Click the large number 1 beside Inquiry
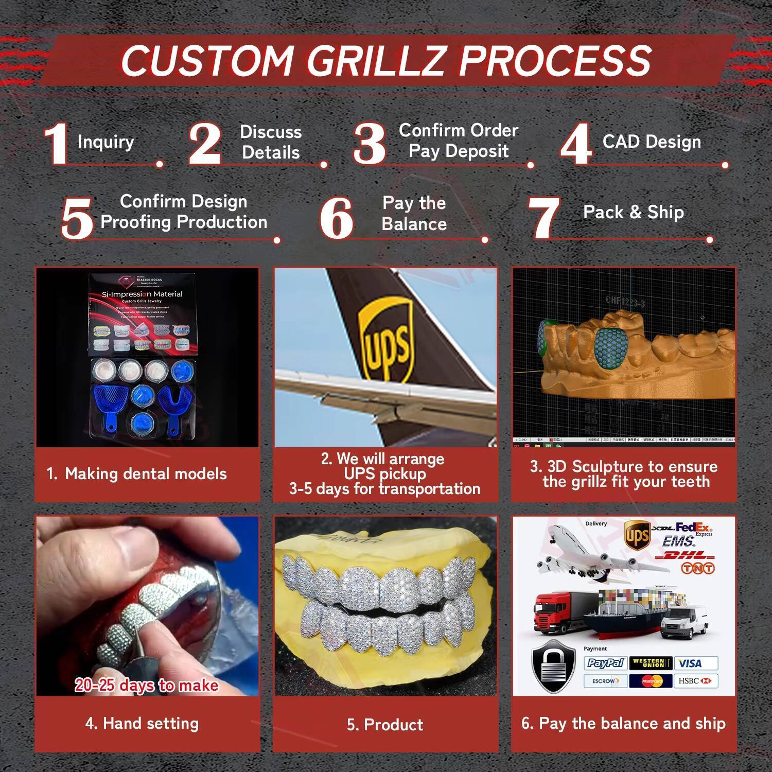tap(56, 144)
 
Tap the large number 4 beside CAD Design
tap(576, 144)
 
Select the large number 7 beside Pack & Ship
tap(544, 218)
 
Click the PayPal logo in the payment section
tap(605, 663)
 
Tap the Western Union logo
tap(651, 663)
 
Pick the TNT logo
tap(697, 568)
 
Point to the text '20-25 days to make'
tap(147, 686)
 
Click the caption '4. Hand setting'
tap(142, 724)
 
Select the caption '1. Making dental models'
tap(137, 474)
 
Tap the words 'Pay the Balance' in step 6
tap(414, 214)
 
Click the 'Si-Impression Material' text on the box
tap(142, 294)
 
